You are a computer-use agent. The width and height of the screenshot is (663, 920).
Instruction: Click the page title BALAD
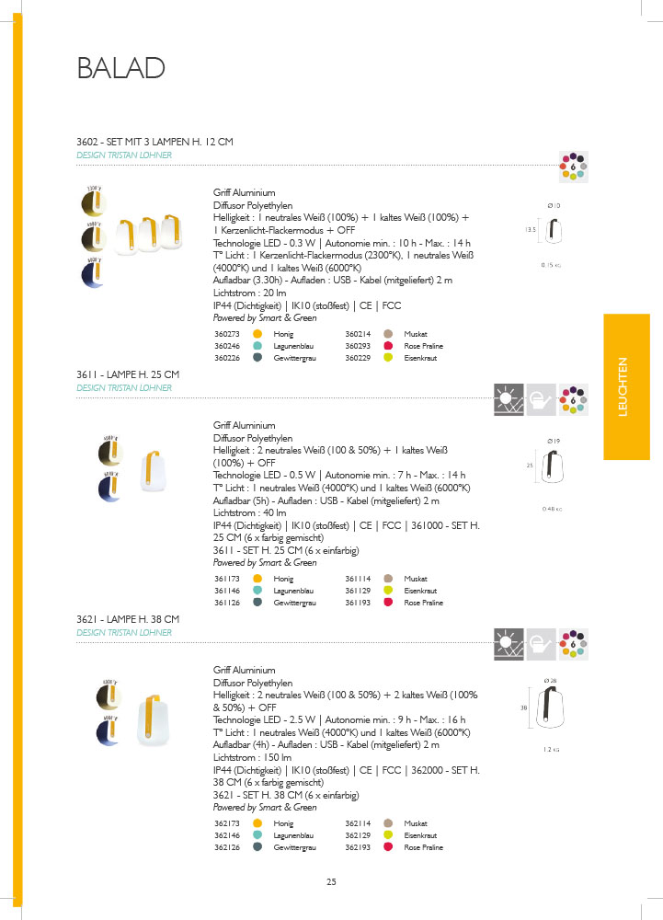coord(121,68)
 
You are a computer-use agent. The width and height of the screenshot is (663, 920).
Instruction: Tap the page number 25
coord(331,883)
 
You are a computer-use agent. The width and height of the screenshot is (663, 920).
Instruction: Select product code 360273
coord(226,334)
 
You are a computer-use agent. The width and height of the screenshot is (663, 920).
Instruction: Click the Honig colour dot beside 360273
coord(258,334)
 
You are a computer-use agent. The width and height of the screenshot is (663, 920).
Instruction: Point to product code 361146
coord(226,591)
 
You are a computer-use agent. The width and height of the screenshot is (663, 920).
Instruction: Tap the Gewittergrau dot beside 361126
coord(258,603)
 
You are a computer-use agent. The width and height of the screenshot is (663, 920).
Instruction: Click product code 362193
coord(358,847)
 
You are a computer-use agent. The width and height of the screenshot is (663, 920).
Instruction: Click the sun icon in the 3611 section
coord(508,398)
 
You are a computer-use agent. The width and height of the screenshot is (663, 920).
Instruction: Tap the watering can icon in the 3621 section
coord(542,643)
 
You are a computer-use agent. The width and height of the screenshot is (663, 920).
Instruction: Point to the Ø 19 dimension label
coord(554,443)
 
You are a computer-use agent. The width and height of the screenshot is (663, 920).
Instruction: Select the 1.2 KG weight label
coord(552,750)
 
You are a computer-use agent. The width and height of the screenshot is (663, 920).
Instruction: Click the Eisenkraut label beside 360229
coord(418,358)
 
